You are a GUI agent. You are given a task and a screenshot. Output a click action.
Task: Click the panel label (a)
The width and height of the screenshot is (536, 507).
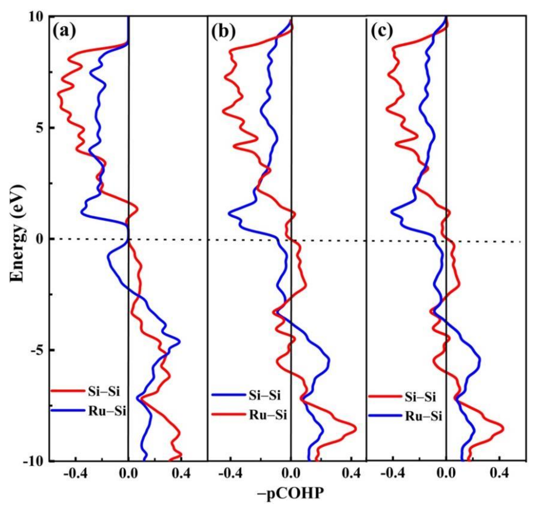coord(64,32)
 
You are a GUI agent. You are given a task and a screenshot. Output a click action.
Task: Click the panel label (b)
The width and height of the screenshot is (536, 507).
coord(223,32)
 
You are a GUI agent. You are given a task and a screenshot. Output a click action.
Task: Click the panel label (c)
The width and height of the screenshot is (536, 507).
coord(381,32)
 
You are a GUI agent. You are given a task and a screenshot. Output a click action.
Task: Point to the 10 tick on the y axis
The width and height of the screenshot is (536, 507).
coord(38,17)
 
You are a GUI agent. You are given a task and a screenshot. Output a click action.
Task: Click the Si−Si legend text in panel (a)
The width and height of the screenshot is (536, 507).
coord(104,392)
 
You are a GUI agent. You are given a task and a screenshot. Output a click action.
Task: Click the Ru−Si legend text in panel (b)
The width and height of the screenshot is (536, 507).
coord(268,415)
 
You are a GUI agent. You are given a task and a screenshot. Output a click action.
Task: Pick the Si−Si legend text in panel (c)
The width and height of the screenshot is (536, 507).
coord(420,397)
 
